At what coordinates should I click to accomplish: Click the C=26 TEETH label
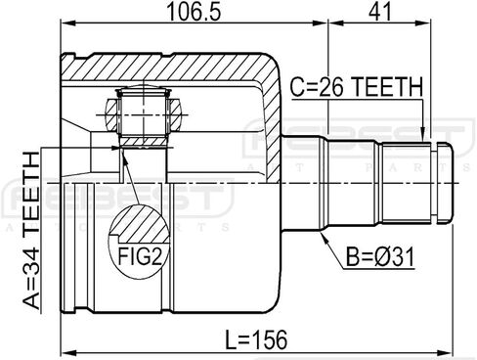pyautogui.click(x=356, y=87)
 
